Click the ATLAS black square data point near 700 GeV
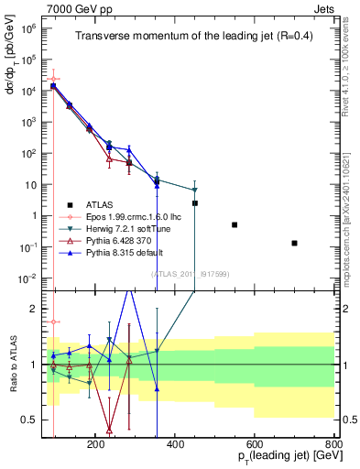(x=294, y=243)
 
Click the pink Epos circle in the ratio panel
(x=54, y=322)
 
